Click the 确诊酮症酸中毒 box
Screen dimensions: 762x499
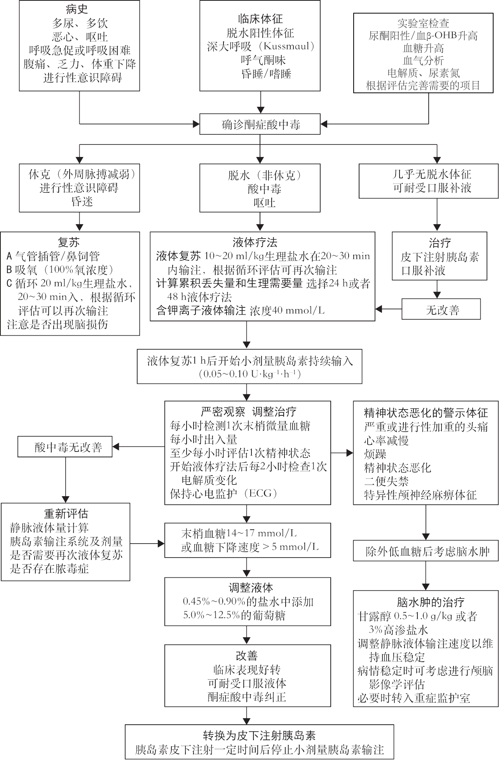(x=260, y=124)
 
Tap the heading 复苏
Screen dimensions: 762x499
(x=68, y=243)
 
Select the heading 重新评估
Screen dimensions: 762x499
(x=66, y=514)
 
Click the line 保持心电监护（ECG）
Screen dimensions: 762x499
(x=223, y=493)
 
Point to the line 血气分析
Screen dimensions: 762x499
(x=423, y=61)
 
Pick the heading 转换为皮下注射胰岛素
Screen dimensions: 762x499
(x=259, y=735)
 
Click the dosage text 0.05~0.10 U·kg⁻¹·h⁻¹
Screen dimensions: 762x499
(x=249, y=374)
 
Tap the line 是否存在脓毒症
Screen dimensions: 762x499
(x=49, y=569)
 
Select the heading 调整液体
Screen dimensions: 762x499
(x=248, y=588)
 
